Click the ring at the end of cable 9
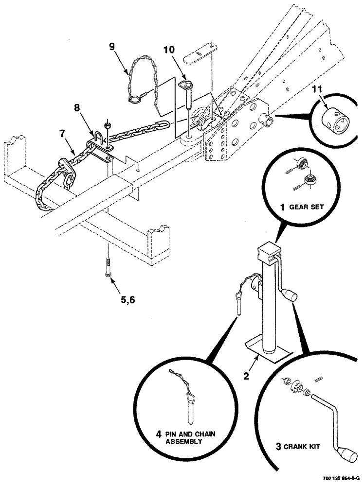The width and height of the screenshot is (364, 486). (134, 100)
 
